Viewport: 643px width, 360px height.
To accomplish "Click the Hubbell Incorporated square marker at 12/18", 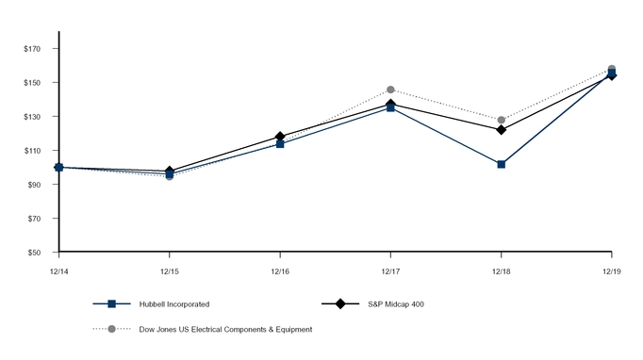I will click(x=501, y=164).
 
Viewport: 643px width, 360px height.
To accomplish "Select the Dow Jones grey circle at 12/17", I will click(x=390, y=90).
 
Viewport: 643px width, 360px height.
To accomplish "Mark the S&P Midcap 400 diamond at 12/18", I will click(x=501, y=129).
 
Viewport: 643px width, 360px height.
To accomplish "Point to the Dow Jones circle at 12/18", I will click(x=501, y=120).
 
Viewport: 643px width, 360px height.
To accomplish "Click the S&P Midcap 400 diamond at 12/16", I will click(x=280, y=137).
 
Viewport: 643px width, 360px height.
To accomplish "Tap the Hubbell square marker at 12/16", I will click(x=280, y=144).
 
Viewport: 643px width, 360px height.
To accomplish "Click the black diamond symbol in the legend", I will click(x=340, y=304).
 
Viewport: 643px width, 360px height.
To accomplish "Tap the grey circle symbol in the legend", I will click(x=111, y=329).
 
